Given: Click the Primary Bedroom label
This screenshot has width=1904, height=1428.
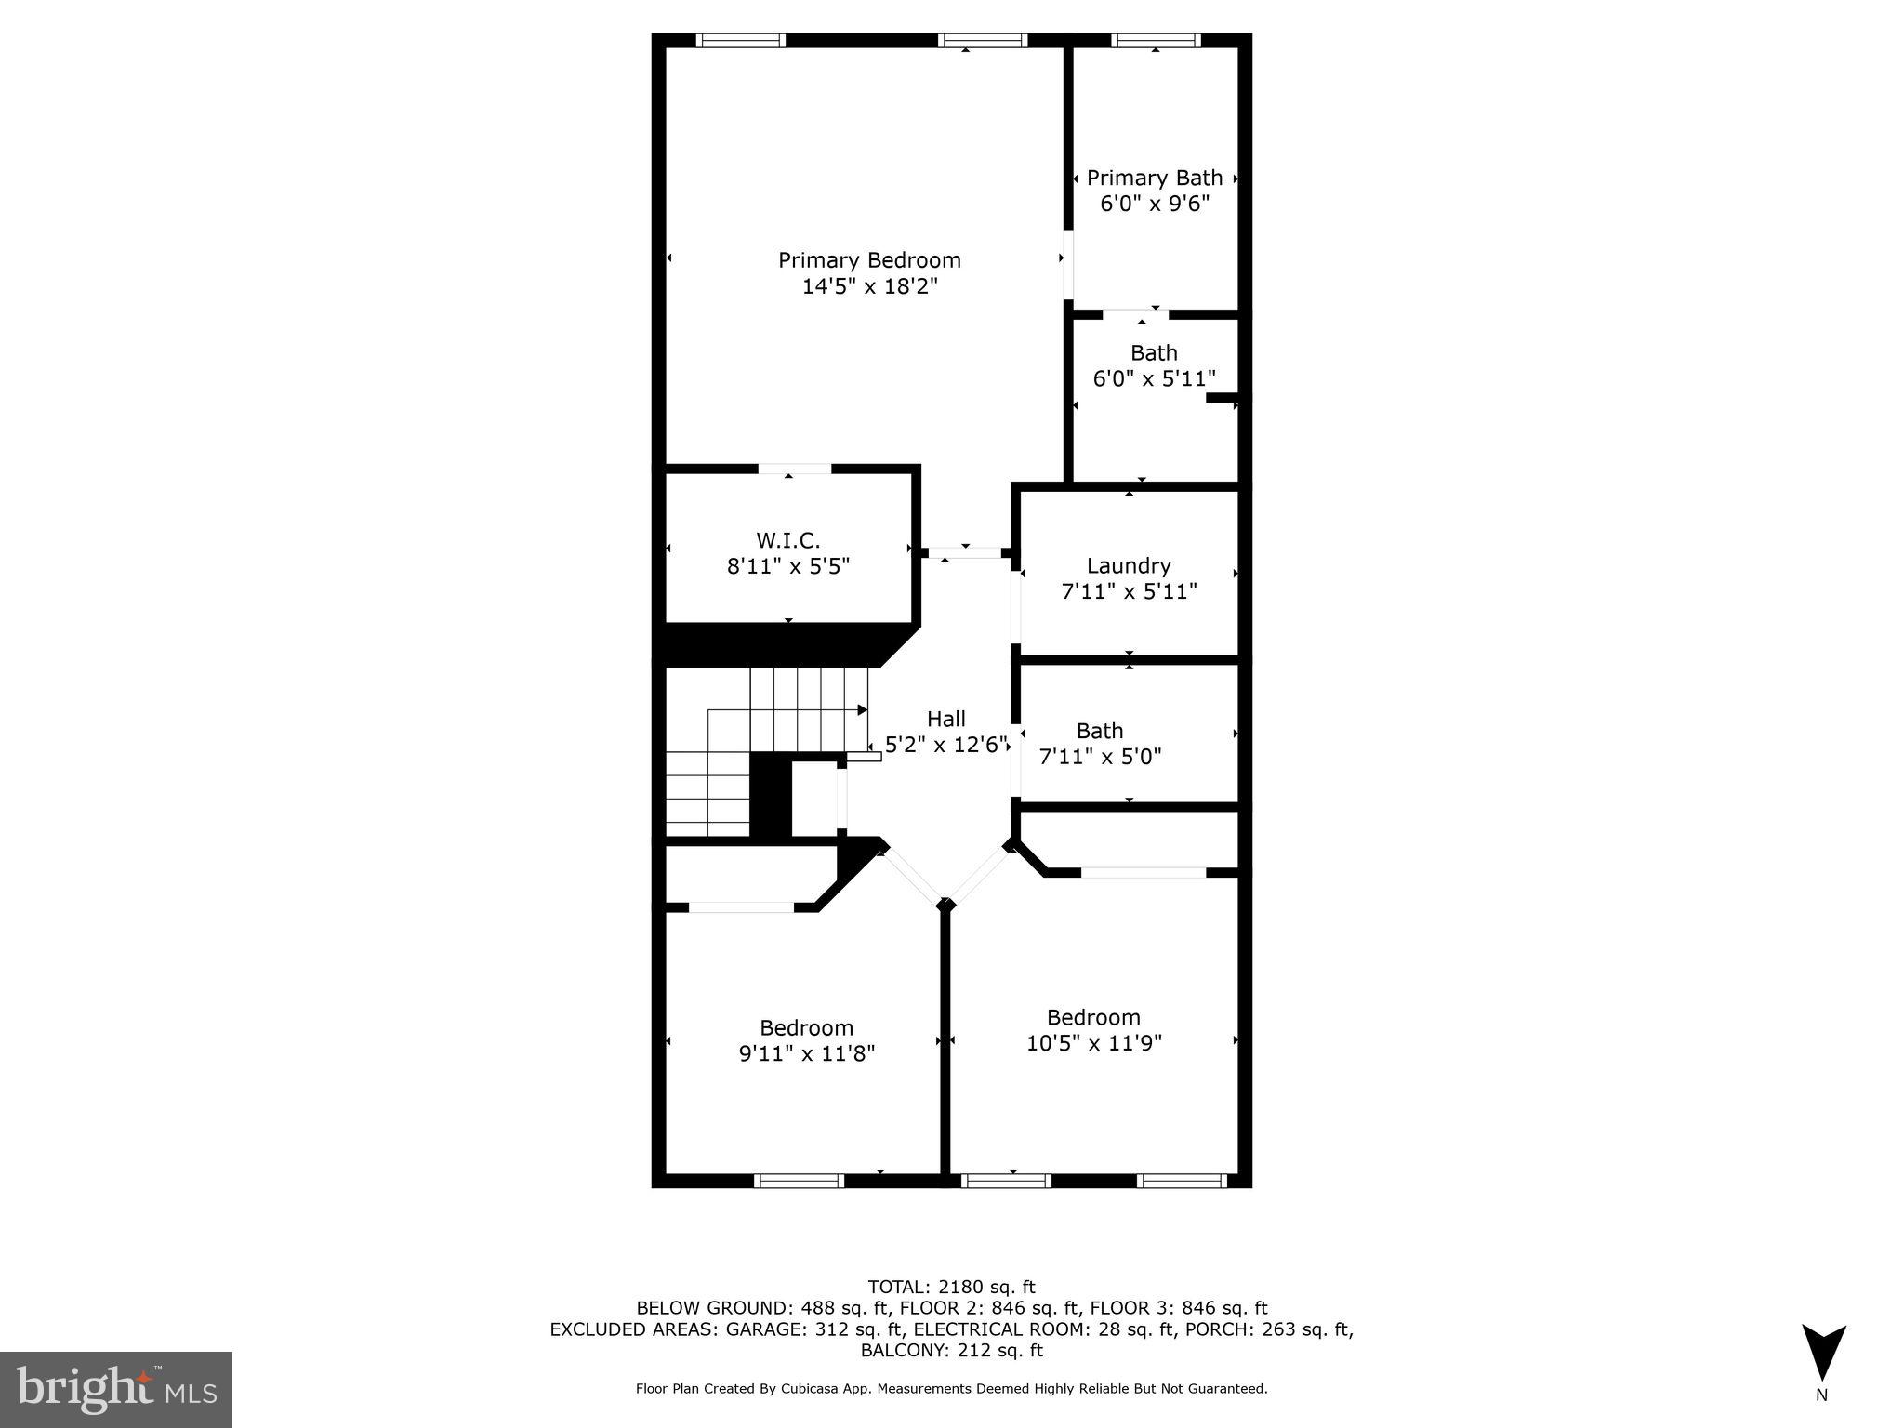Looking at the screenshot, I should coord(869,260).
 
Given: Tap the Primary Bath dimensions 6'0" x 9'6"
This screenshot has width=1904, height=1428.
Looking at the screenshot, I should coord(1155,204).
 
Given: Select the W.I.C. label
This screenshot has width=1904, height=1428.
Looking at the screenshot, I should coord(788,540).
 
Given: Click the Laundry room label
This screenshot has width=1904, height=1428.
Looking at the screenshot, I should coord(1129,565).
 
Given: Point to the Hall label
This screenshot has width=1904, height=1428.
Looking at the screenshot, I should coord(946,719).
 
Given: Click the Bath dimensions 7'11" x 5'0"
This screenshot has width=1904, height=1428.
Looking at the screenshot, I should coord(1100,757).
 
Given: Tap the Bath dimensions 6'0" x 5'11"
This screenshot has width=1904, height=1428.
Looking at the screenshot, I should coord(1154,379).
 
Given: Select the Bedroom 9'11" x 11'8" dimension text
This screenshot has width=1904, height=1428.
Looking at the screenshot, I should coord(806,1053).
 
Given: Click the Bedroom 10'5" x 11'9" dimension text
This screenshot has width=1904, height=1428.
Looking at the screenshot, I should coord(1093,1043).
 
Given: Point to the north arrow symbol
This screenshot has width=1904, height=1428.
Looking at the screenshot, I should coord(1823,1354).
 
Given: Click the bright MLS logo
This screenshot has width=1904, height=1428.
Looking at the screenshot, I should coord(116,1389).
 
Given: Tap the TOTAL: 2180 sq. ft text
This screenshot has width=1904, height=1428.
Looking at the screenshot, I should coord(951,1287).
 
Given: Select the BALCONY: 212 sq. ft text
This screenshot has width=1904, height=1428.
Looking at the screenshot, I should coord(951,1350).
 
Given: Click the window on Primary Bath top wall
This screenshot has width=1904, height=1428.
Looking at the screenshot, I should coord(1156,41).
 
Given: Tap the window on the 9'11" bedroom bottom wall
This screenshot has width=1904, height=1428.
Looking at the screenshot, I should coord(799,1181).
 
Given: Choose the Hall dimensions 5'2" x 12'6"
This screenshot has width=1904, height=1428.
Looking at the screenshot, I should coord(946,745).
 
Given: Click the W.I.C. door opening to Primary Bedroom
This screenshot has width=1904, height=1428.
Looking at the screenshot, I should coord(795,469).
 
